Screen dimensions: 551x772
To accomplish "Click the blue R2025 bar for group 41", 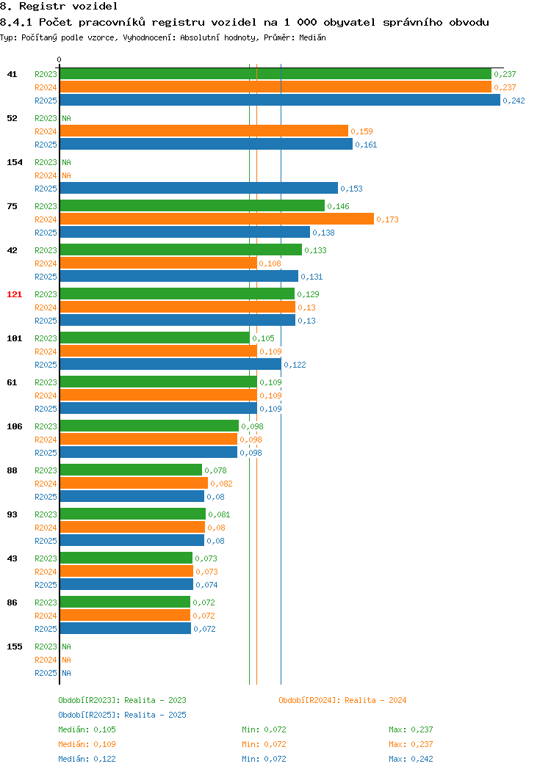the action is pos(280,101).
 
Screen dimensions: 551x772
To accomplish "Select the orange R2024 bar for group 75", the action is pos(217,219).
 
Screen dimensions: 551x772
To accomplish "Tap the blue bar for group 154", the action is pos(199,189).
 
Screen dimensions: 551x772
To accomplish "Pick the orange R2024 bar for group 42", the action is pos(158,263).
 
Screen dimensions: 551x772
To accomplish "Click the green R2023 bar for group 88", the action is pos(131,470).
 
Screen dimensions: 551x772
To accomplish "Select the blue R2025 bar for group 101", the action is pos(170,364).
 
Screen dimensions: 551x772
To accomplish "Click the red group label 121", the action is pos(14,294).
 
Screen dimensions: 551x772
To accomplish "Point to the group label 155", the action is pos(14,647).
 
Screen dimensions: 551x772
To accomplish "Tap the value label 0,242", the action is pos(514,101).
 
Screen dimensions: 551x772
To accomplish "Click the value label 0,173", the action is pos(387,219).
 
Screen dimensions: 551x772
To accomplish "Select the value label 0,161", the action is pos(366,145).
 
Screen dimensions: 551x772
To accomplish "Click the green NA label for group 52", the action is pos(67,118).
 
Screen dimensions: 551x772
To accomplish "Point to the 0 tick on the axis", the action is pos(60,59).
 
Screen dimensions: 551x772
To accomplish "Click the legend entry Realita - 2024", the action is pos(342,700).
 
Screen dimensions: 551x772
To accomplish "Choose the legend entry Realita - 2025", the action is pos(122,715).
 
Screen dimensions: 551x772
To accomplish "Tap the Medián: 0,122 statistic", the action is pos(87,759).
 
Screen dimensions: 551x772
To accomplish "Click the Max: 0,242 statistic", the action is pos(411,759).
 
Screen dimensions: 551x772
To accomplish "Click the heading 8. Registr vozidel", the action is pos(59,7).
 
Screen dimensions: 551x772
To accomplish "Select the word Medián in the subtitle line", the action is pos(312,37).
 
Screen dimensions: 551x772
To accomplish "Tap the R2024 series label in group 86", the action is pos(46,616).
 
